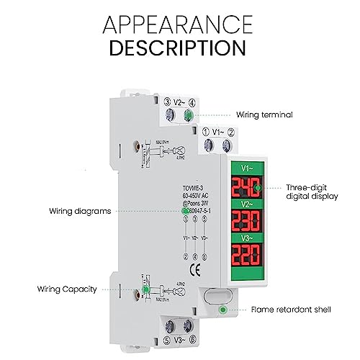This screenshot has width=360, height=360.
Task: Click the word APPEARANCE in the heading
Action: (179, 24)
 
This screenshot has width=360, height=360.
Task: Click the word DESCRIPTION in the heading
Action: (179, 48)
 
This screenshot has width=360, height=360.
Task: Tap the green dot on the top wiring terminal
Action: (189, 114)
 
